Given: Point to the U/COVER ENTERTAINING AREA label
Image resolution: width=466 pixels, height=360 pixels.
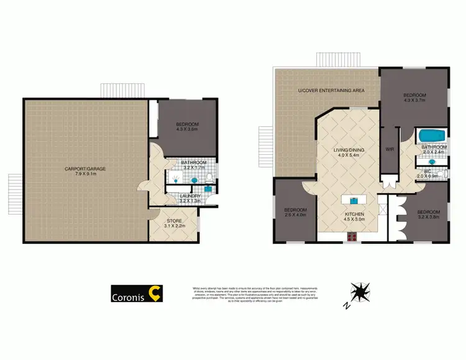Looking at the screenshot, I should pyautogui.click(x=331, y=91).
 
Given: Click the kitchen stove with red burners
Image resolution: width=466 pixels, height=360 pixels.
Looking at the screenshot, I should pyautogui.click(x=352, y=236).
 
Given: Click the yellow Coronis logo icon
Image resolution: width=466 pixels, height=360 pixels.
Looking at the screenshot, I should pyautogui.click(x=155, y=294).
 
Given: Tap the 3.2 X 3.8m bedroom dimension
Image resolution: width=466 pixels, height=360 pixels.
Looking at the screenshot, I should pyautogui.click(x=429, y=216).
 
